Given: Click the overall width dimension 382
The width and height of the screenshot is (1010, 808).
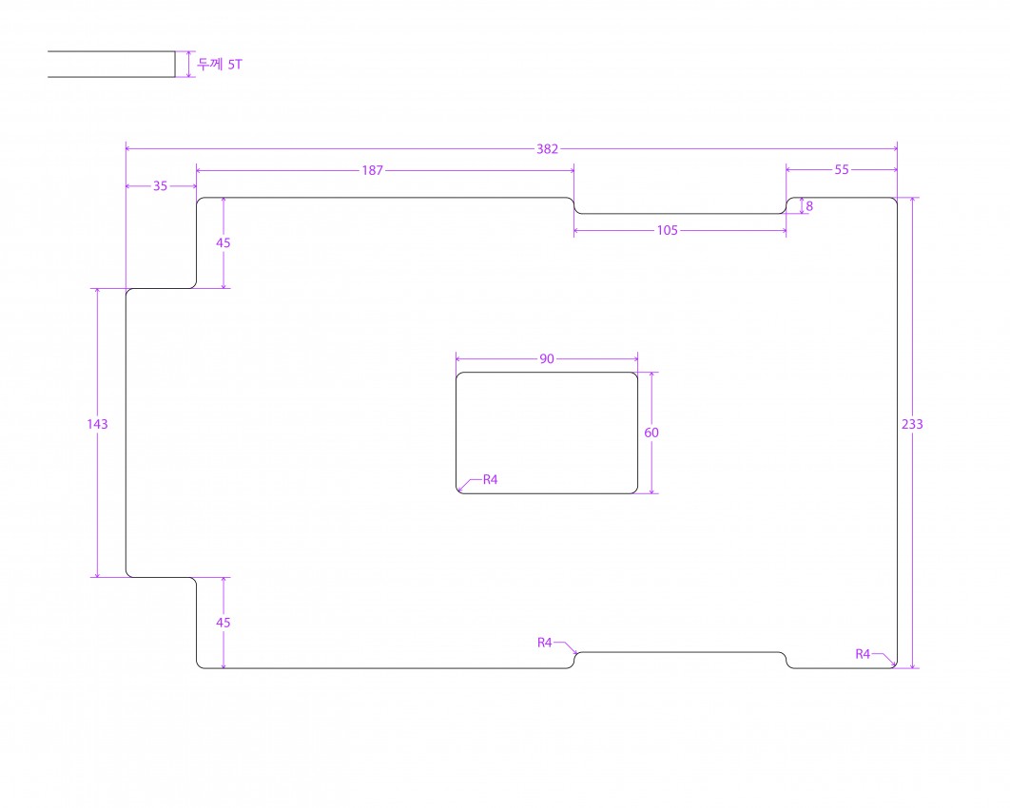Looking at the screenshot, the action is [x=547, y=148].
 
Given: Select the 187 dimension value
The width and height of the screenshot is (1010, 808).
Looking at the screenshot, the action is [x=372, y=170].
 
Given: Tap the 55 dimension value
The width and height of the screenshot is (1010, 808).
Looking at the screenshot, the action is [x=842, y=170].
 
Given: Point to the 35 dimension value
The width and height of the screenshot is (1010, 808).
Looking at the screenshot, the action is [x=160, y=186].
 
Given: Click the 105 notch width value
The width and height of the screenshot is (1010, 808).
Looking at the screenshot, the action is [x=668, y=230].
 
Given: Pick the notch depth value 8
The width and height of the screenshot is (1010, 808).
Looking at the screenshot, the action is [x=809, y=206].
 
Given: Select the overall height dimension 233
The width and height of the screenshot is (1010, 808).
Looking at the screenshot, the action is [x=912, y=424].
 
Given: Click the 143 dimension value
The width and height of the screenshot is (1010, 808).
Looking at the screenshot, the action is [x=97, y=424].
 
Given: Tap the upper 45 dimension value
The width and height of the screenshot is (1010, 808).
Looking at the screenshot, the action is [x=223, y=242].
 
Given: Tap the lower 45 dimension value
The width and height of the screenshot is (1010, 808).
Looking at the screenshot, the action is [x=223, y=623].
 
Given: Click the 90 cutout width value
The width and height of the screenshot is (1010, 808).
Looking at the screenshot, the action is [x=546, y=358].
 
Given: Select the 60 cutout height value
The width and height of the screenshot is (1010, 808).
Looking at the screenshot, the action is [x=651, y=433].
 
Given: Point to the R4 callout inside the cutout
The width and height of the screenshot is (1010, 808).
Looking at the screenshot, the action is [x=490, y=480].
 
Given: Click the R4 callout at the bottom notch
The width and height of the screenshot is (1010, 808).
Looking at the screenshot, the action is [x=544, y=643].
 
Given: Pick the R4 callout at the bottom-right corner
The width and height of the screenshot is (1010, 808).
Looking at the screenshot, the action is [x=863, y=654].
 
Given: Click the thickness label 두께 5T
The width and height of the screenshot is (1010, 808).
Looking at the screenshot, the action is [x=220, y=65].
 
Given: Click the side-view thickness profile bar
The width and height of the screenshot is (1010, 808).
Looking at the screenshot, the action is [x=111, y=65].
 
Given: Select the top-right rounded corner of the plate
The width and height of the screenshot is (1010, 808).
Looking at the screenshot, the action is [x=894, y=201].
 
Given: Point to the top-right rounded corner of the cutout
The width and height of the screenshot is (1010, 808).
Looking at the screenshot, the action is [x=635, y=375].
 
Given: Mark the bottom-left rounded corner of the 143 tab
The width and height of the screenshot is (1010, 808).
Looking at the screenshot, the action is [x=128, y=574].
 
